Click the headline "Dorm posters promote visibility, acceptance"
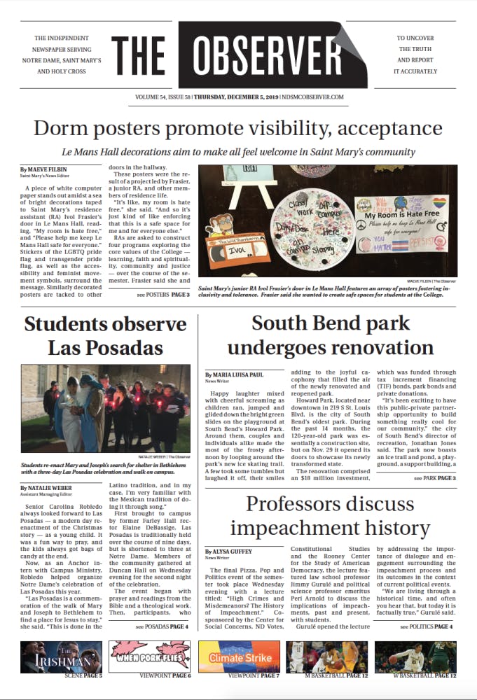tap(238, 129)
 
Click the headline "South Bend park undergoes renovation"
tap(331, 335)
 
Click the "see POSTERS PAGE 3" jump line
tap(163, 295)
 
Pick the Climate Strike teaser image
tap(240, 657)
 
